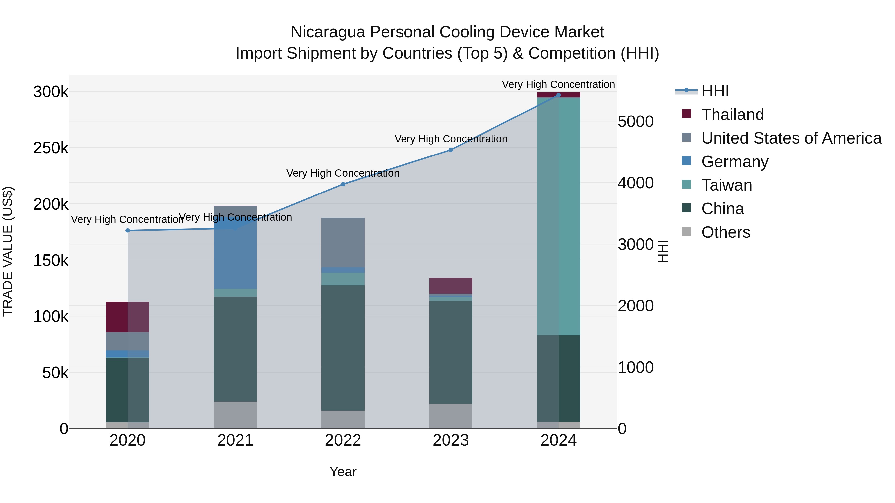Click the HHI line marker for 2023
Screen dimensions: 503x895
coord(451,150)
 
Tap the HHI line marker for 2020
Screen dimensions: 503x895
coord(128,231)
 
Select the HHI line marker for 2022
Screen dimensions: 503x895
coord(343,184)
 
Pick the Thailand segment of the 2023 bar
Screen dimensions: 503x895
coord(451,286)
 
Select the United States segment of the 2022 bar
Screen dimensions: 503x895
coord(343,242)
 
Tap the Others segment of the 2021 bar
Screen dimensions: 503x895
coord(235,415)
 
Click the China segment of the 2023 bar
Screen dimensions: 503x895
coord(451,352)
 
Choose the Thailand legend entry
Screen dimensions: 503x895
coord(732,115)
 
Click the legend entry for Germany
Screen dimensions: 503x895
coord(734,162)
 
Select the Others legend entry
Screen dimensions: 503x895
coord(725,232)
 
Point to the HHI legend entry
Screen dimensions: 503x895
coord(715,91)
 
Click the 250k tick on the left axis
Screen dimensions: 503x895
coord(51,148)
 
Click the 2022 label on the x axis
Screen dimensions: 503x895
coord(343,440)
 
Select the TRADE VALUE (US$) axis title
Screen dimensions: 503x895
coord(8,251)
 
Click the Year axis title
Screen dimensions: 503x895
coord(343,472)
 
